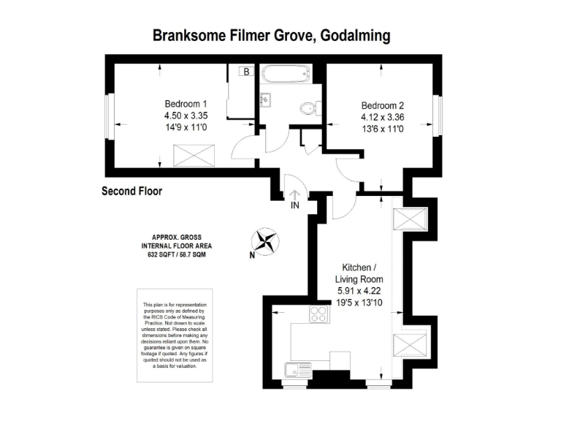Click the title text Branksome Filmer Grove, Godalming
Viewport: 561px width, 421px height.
click(x=270, y=35)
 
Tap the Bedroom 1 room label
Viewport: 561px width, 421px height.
click(x=186, y=104)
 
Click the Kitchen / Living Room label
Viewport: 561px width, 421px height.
click(x=358, y=273)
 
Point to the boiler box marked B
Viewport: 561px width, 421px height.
click(x=246, y=72)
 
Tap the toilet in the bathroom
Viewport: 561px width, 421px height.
click(x=308, y=109)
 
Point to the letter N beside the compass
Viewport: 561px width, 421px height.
click(x=251, y=255)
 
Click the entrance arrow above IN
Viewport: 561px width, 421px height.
click(x=294, y=194)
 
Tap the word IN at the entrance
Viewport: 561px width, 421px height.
click(x=294, y=207)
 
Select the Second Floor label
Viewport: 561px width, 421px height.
click(x=131, y=191)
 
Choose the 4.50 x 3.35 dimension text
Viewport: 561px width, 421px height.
click(x=186, y=115)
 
